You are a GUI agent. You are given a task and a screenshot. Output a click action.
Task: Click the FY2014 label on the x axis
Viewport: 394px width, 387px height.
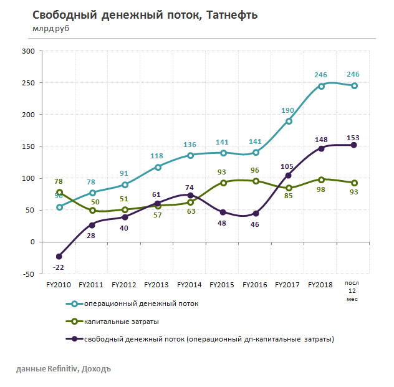190,285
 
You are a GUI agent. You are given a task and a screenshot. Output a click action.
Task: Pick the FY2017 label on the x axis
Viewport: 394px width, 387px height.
288,285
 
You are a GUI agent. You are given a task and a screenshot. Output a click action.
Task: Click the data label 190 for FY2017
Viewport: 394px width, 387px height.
287,110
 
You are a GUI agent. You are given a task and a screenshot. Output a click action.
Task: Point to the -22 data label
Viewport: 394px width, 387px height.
59,268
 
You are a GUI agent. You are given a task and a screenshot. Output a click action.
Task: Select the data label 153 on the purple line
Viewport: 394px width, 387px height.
353,137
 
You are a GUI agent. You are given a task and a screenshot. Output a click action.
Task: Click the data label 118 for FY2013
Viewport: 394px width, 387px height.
156,156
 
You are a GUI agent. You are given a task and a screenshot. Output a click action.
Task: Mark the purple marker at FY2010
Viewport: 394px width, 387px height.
59,256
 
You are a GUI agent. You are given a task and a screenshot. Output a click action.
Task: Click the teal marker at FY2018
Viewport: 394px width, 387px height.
321,86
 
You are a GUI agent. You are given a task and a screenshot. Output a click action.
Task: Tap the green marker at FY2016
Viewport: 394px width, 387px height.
256,181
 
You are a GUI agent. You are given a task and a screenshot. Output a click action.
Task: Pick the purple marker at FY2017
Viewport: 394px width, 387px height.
288,175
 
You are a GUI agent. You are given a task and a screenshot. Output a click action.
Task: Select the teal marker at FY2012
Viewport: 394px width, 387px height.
124,184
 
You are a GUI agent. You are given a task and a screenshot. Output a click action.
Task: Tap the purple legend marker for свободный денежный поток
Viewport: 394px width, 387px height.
74,339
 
